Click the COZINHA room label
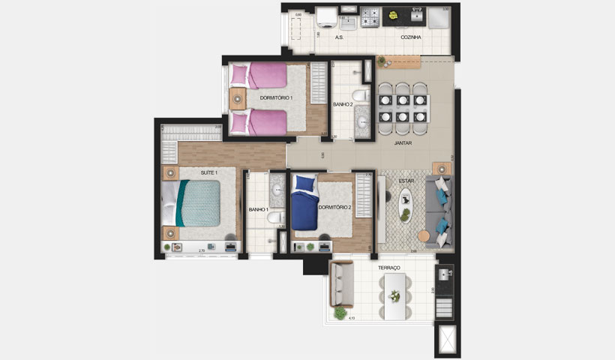410,37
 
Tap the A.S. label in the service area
339,37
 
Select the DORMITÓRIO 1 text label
276,98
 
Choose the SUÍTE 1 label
208,172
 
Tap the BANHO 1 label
258,209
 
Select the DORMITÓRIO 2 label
334,208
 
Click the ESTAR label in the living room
406,181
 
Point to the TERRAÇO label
389,268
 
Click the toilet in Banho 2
361,95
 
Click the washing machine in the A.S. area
325,16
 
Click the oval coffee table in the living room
405,205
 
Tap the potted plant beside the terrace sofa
340,312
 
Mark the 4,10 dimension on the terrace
351,318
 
